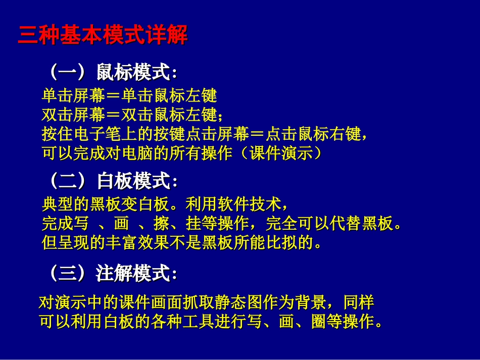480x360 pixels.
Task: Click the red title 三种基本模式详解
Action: coord(103,36)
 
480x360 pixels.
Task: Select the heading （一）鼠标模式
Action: coord(112,73)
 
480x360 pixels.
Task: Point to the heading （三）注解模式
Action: coord(112,274)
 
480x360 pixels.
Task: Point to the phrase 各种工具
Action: coord(169,322)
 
